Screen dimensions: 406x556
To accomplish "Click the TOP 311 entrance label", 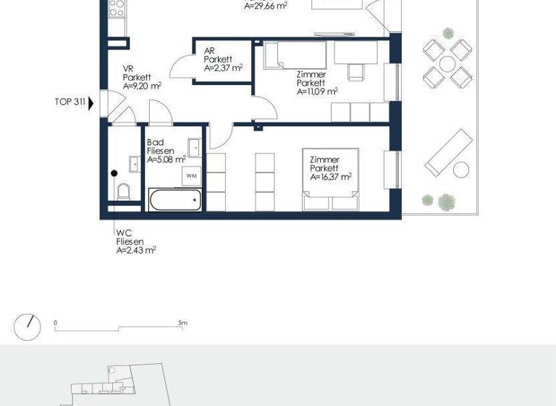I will click(69, 102).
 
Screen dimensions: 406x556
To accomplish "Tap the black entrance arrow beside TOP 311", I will click(90, 102).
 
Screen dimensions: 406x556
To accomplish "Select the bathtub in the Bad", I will click(174, 200).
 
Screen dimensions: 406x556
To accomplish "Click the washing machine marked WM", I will click(192, 175).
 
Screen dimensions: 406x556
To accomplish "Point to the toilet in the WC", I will click(123, 192).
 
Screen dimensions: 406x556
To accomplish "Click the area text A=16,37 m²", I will click(330, 177).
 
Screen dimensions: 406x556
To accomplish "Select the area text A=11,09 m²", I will click(317, 91).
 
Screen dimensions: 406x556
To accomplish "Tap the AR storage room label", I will click(209, 51).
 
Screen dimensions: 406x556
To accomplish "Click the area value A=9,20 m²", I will click(141, 85).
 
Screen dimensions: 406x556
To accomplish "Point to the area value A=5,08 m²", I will click(166, 159).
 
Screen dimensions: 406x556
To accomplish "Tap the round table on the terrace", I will click(443, 62).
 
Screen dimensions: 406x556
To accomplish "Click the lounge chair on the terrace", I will click(443, 152).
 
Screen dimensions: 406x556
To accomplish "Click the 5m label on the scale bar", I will click(182, 323).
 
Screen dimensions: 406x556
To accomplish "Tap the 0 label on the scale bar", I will click(56, 323).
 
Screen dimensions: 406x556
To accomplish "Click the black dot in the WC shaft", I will click(114, 173).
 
